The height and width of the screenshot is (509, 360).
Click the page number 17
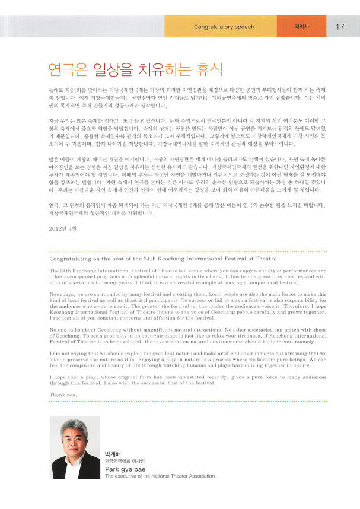pos(340,27)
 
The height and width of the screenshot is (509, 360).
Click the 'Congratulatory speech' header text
pos(224,27)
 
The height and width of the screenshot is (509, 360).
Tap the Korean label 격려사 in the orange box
pos(301,27)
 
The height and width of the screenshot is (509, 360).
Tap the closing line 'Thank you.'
pos(62,395)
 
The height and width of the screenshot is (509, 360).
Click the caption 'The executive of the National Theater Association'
pos(160,476)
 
